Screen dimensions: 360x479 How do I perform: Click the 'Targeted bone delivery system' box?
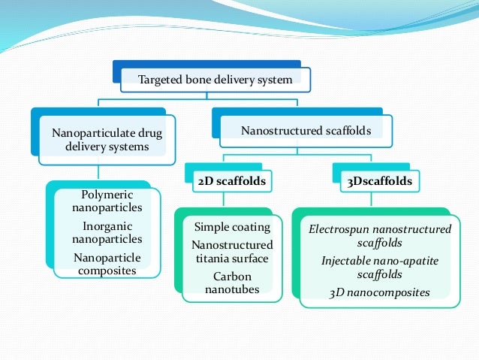point(215,79)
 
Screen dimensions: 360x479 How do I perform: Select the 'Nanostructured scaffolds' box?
point(306,132)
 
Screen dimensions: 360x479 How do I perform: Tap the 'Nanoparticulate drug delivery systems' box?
point(107,140)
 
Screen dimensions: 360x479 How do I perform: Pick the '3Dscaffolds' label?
point(375,181)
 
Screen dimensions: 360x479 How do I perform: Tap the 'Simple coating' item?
point(232,227)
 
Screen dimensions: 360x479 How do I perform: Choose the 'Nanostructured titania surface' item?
point(232,252)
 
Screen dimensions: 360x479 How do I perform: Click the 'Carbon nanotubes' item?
point(232,283)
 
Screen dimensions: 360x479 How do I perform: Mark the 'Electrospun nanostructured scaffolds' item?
point(380,236)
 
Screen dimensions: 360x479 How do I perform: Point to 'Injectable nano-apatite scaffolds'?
point(380,268)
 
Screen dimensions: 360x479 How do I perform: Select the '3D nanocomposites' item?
point(380,292)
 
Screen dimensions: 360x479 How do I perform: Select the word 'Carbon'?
point(232,276)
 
